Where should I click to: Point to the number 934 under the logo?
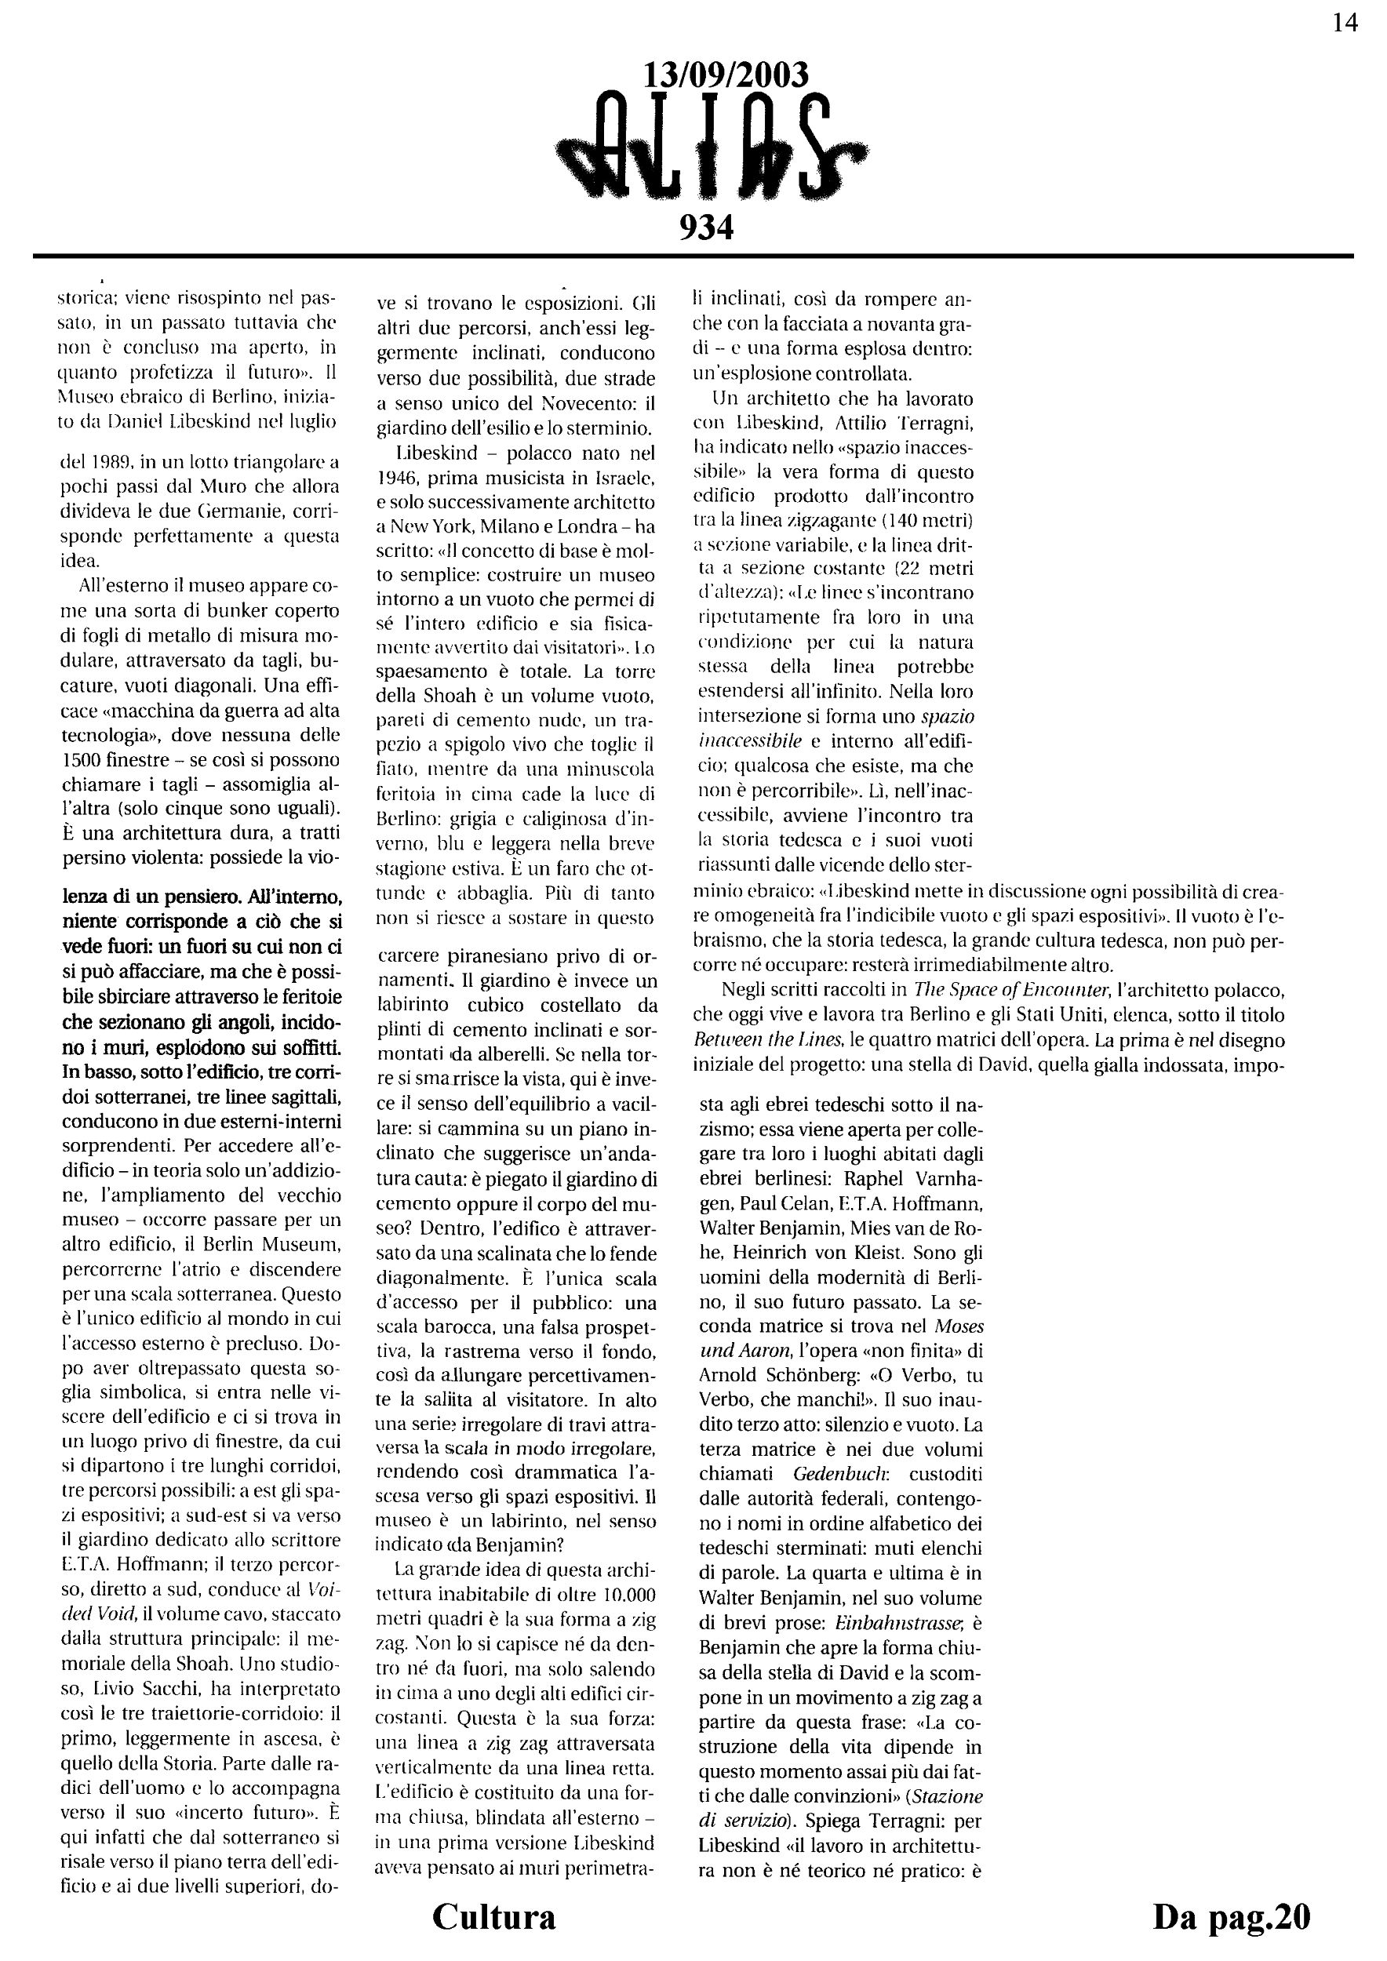click(705, 227)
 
